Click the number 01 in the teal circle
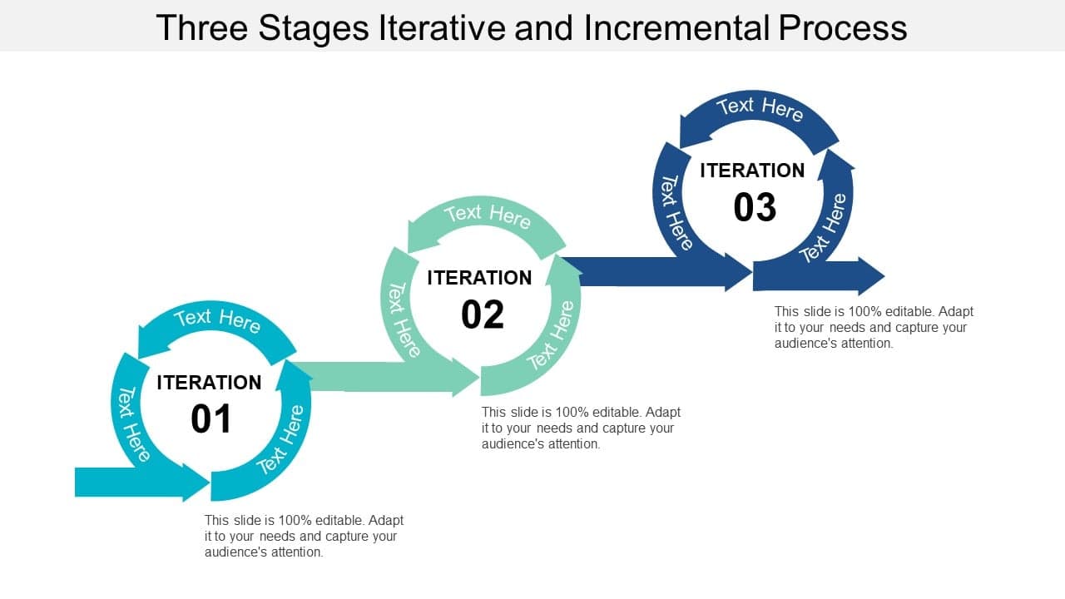211,419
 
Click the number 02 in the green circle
483,315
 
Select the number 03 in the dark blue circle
755,208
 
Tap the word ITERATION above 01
209,383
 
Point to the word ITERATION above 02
479,278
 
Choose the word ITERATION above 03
752,171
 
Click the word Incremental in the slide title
676,27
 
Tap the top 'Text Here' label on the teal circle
217,319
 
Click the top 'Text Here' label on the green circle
488,215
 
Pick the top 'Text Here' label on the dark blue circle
760,108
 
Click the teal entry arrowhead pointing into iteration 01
195,483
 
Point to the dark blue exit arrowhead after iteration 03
869,275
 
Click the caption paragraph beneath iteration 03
873,327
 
